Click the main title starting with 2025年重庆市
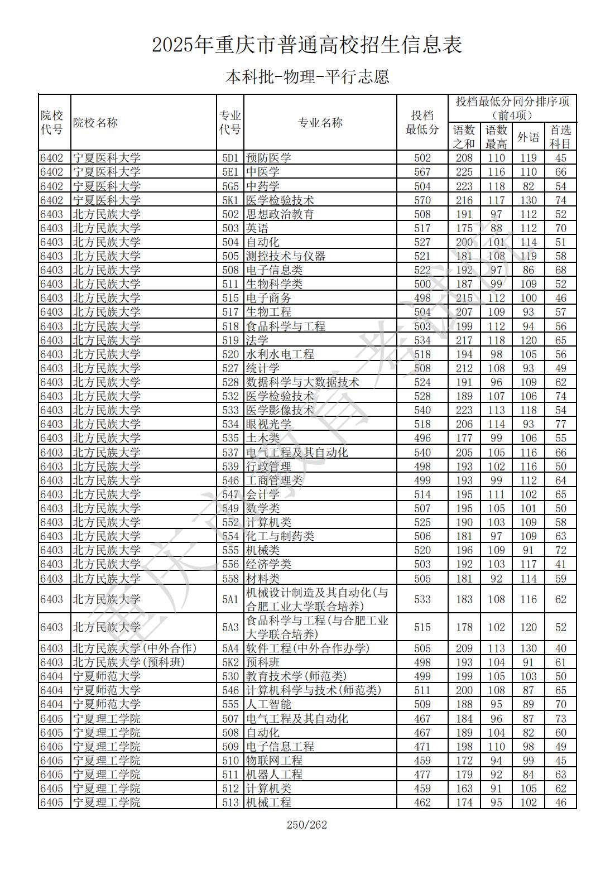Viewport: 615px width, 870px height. click(307, 45)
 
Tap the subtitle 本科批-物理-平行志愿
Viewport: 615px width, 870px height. click(307, 76)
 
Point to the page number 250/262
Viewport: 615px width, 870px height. click(307, 825)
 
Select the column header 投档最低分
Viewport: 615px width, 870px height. click(422, 123)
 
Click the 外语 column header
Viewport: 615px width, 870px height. click(528, 137)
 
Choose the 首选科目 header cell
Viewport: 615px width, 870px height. click(560, 137)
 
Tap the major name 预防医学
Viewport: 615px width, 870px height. click(268, 158)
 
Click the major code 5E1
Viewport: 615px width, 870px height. click(230, 172)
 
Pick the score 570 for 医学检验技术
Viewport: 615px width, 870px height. click(422, 200)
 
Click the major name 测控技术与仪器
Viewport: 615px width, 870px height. click(285, 256)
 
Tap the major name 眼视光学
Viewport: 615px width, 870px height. click(268, 424)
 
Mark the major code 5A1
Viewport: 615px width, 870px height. click(230, 599)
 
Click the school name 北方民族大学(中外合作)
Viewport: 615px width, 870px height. click(134, 648)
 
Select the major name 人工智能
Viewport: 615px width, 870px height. click(268, 704)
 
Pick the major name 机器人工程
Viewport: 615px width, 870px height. click(274, 775)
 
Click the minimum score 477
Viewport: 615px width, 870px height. click(422, 775)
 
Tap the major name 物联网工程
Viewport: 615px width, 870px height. click(274, 761)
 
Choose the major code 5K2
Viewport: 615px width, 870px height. click(230, 662)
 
